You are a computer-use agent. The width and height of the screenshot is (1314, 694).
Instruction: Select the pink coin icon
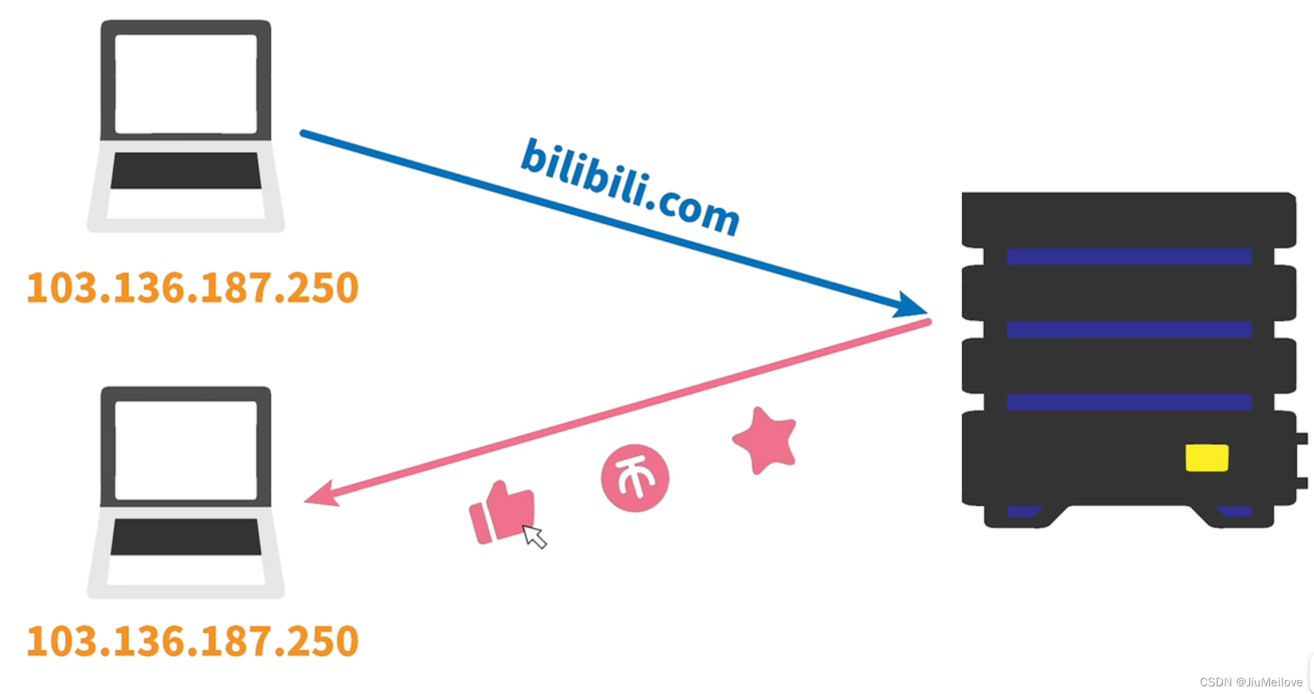(635, 478)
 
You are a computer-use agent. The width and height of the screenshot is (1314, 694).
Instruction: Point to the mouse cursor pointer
(534, 535)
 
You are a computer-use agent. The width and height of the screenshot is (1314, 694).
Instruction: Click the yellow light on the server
(1206, 458)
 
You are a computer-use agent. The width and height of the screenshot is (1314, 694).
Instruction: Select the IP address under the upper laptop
(193, 288)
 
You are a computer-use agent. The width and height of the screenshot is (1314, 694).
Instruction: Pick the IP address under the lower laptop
(193, 641)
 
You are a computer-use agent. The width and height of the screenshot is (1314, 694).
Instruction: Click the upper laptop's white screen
(186, 83)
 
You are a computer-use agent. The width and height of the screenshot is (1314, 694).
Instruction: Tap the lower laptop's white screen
(186, 450)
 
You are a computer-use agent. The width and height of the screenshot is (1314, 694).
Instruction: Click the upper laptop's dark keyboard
(186, 170)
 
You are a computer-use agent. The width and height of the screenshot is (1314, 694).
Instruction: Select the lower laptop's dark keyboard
(186, 537)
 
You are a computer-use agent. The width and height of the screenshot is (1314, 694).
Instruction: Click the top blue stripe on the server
(1128, 256)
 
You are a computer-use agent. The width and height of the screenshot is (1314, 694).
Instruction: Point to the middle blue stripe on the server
(1128, 329)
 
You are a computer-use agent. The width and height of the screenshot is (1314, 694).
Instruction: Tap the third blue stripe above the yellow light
(1128, 401)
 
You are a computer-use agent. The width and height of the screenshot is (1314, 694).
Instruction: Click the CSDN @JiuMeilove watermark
(1251, 682)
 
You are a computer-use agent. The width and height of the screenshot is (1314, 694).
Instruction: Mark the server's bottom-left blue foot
(1022, 511)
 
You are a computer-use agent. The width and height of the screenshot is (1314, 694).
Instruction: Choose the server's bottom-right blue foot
(1235, 511)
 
